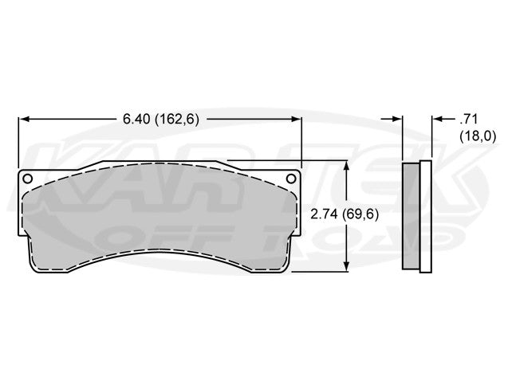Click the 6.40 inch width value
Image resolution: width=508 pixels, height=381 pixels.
click(135, 119)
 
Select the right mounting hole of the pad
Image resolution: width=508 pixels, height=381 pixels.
click(292, 178)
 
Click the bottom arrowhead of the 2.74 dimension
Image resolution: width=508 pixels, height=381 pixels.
click(345, 266)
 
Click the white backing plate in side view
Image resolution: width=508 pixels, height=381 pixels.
click(426, 215)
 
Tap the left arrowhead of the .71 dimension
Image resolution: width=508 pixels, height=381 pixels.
click(398, 119)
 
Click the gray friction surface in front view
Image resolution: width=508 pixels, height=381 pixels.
click(159, 219)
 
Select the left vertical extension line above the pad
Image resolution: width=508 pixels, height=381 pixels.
click(18, 143)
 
